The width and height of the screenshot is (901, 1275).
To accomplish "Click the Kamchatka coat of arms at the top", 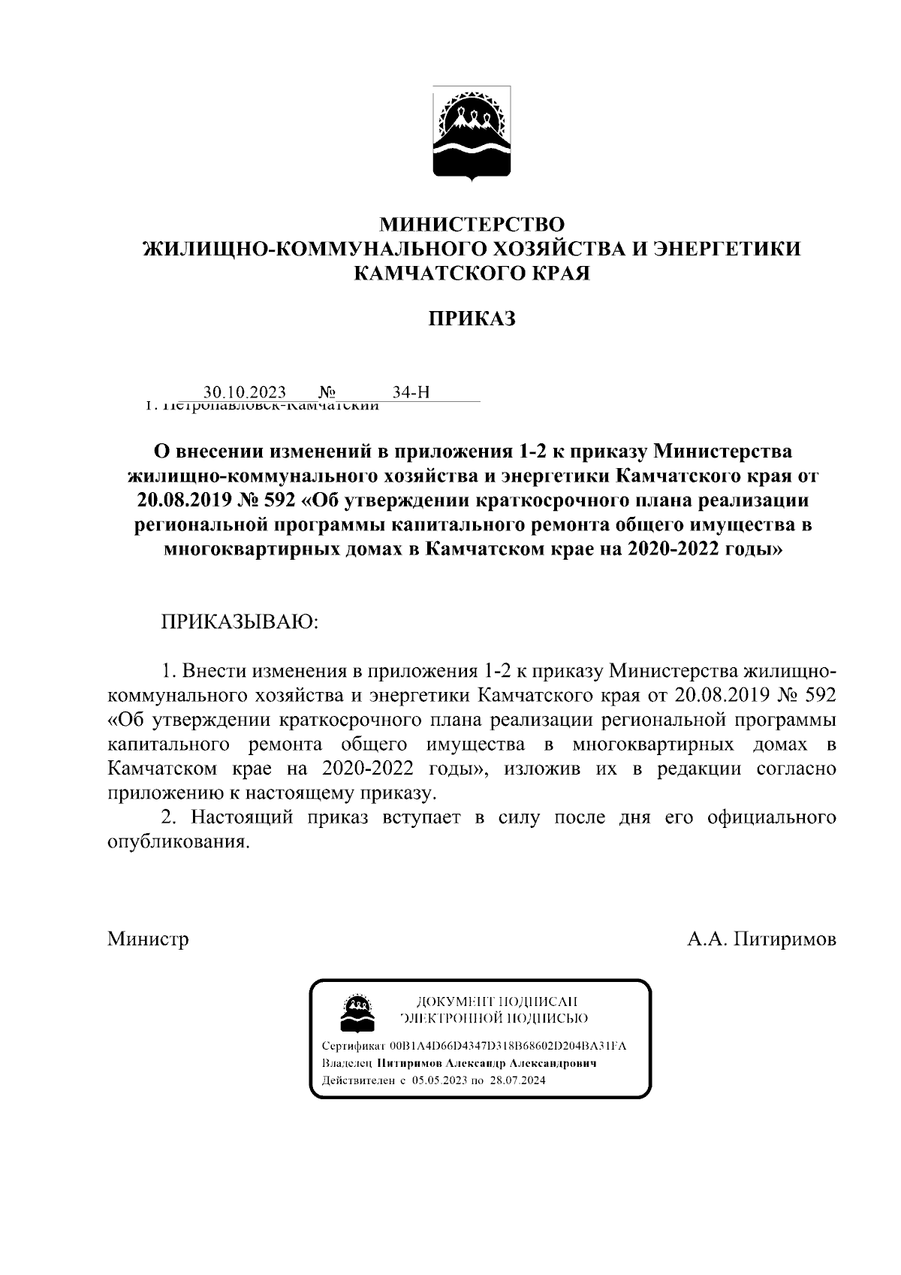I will click(x=472, y=134).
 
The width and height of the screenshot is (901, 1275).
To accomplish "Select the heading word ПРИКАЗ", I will click(x=472, y=319).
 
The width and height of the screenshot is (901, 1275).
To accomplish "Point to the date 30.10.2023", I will click(x=245, y=392).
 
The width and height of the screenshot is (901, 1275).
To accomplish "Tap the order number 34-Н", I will click(x=411, y=392).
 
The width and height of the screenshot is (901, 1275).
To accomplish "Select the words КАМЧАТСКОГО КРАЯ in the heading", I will click(x=472, y=273).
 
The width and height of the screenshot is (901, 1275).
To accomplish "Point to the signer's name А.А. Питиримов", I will click(x=761, y=939).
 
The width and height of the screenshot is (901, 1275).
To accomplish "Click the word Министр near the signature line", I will click(x=148, y=939).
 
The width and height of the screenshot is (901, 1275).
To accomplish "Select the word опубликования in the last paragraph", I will click(x=177, y=842).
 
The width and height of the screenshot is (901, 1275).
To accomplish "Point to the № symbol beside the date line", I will click(x=327, y=392).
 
